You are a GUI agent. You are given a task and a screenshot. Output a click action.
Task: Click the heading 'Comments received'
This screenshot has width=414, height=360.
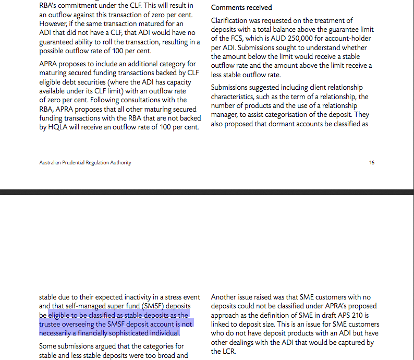tap(241, 8)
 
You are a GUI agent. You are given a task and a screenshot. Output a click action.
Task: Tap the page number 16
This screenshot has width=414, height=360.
tap(372, 163)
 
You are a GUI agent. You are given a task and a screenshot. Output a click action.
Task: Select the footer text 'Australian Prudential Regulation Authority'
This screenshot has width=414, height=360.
tap(85, 163)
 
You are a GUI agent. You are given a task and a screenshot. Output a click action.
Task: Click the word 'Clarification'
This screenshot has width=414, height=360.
tap(230, 20)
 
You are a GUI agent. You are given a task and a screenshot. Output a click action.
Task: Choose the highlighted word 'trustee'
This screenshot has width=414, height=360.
tap(51, 324)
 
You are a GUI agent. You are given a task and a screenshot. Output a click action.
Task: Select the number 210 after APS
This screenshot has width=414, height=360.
tap(361, 315)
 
